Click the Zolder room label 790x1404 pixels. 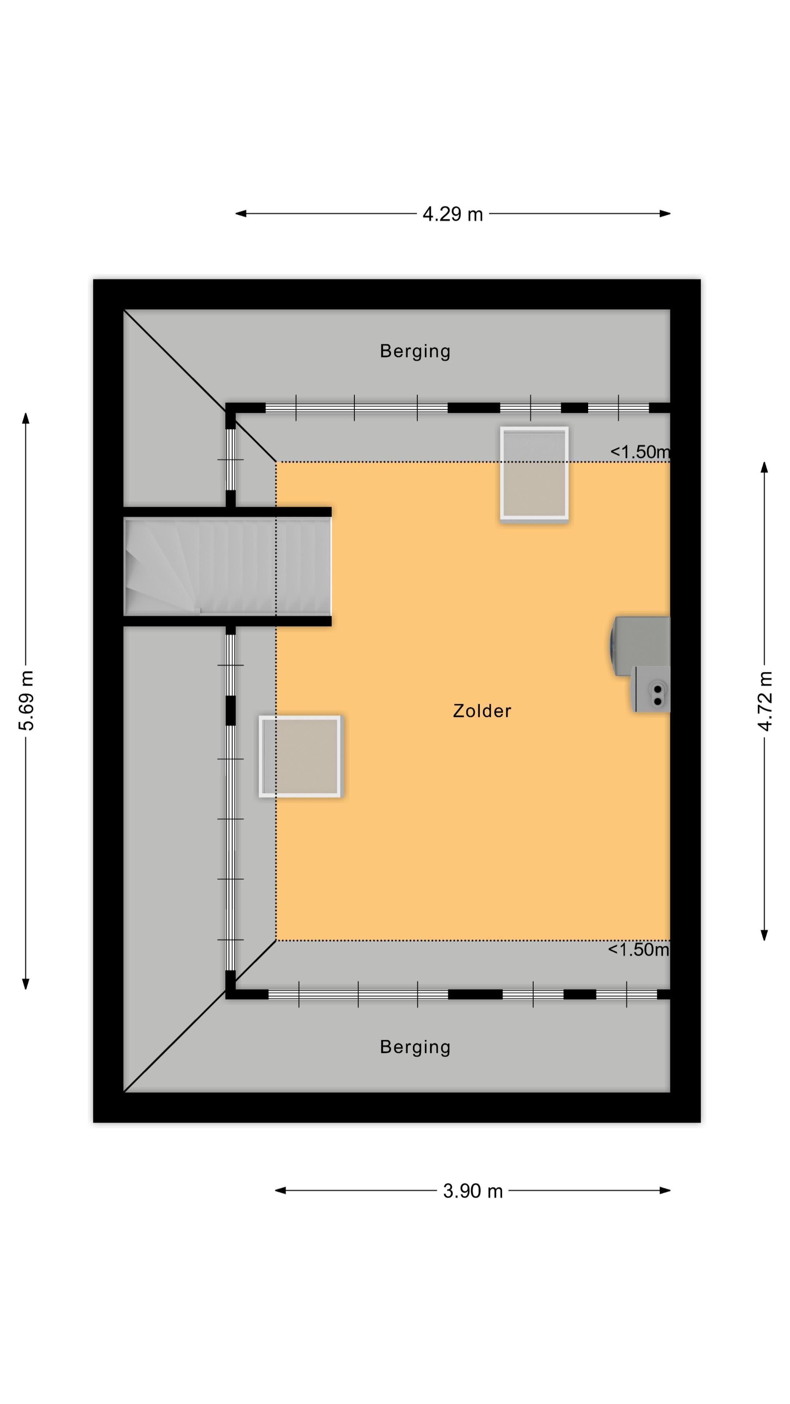[x=482, y=711]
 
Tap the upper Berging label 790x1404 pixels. [x=415, y=351]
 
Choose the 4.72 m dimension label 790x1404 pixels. [x=765, y=701]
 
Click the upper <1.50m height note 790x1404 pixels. [x=640, y=452]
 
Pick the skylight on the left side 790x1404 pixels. [x=300, y=756]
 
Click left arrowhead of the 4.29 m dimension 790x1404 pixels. [x=240, y=214]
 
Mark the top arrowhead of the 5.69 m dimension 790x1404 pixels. [x=26, y=418]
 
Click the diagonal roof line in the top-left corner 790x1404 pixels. [x=200, y=386]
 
